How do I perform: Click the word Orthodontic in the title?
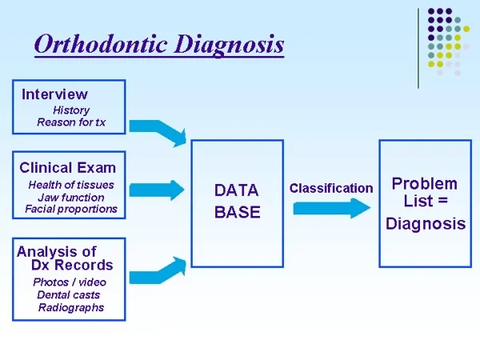tap(101, 44)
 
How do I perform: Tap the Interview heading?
tap(54, 94)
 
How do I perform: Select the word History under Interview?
tap(71, 110)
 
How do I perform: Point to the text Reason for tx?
tap(71, 122)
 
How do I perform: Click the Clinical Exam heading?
tap(68, 168)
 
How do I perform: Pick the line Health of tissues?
tap(71, 185)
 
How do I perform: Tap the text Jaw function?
tap(71, 198)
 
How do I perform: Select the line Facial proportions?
tap(71, 209)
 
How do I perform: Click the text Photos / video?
tap(70, 282)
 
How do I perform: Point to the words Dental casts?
tap(69, 295)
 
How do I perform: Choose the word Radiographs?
tap(71, 308)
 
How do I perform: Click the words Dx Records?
tap(72, 265)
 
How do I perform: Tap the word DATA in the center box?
tap(237, 190)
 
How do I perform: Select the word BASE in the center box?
tap(238, 212)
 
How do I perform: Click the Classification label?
tap(331, 188)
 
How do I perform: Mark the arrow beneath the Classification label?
tap(332, 208)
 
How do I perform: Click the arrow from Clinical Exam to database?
tap(157, 190)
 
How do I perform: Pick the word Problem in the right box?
tap(425, 184)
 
